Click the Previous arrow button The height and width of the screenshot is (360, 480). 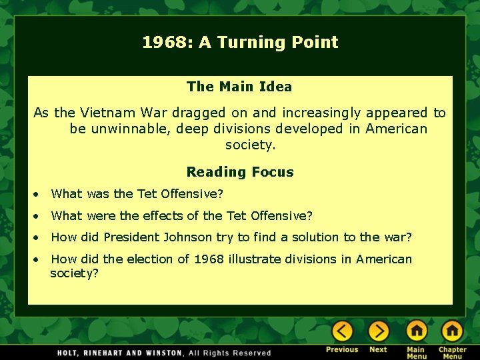342,331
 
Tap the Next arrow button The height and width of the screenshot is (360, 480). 378,331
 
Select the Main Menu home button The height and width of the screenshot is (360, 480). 416,331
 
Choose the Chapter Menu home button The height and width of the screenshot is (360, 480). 452,331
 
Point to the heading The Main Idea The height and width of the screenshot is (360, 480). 239,87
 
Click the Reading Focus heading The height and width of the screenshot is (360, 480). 240,172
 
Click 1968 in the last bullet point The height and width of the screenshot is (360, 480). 209,259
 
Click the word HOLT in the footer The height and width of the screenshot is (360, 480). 69,353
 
